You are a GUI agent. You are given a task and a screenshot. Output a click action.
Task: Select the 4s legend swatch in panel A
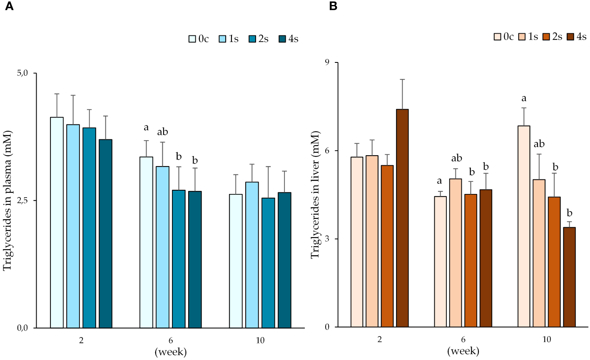(x=282, y=39)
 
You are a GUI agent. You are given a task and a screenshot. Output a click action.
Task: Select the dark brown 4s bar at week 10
(x=569, y=277)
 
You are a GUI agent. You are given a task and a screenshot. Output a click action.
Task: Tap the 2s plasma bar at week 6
(x=179, y=258)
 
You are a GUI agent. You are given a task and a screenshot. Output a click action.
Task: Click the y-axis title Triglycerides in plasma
(x=8, y=200)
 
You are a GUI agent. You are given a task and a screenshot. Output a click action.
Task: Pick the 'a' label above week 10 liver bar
(x=524, y=99)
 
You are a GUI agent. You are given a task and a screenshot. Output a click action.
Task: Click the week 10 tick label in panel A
(x=260, y=340)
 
